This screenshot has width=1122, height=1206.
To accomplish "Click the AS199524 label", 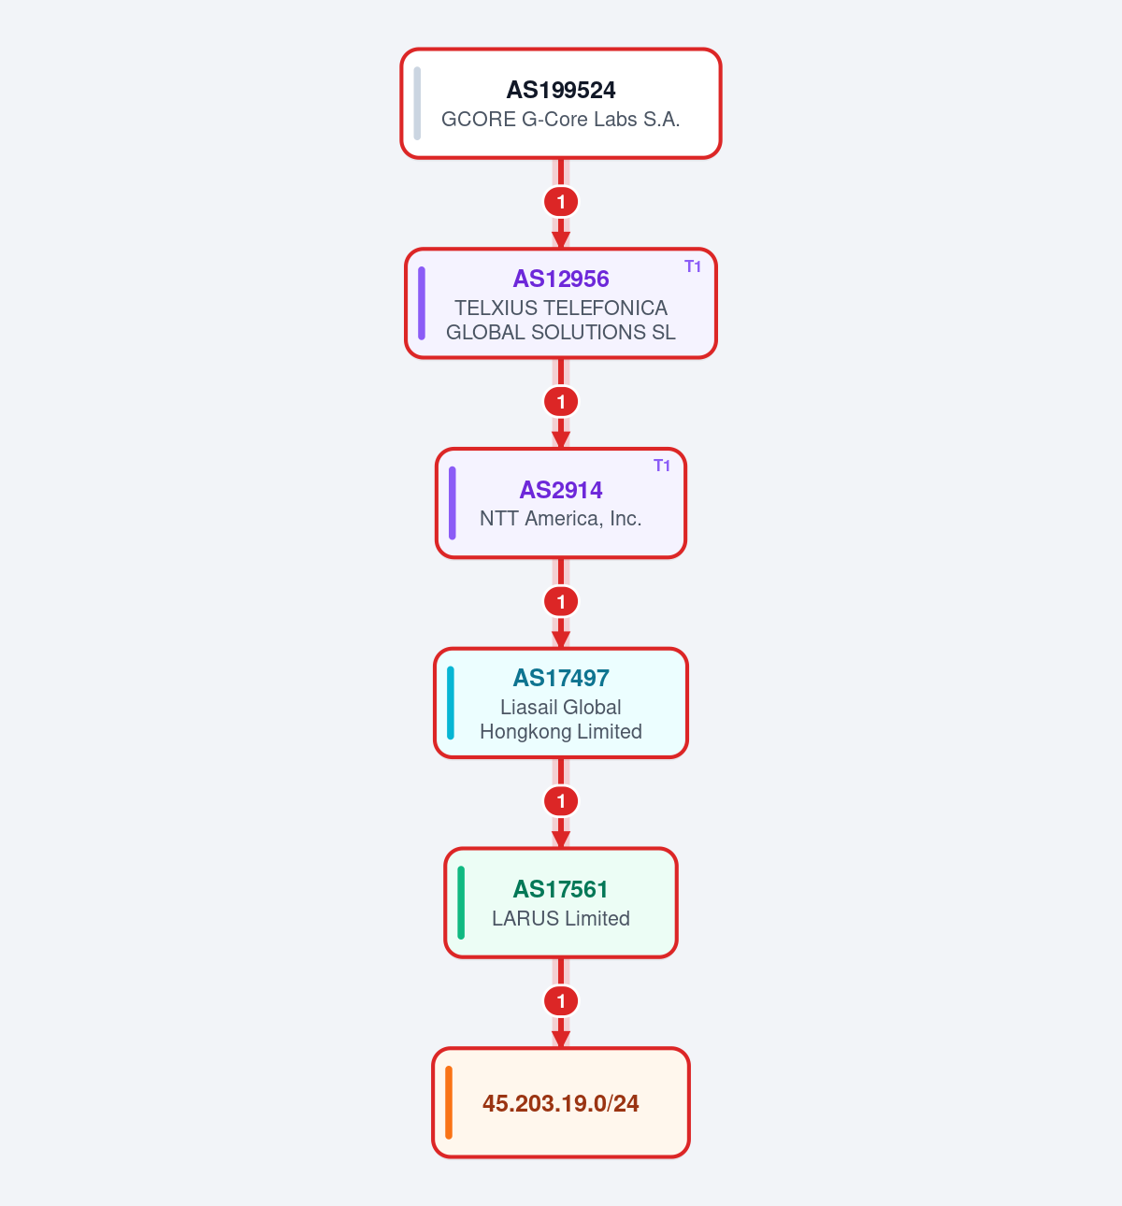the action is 561,90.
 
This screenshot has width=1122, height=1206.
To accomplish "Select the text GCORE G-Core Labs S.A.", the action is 561,119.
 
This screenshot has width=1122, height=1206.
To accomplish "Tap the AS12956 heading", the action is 561,279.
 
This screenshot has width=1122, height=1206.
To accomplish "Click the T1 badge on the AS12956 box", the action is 693,266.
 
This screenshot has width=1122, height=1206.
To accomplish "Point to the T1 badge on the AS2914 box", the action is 662,466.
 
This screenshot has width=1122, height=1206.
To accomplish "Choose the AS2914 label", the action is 561,490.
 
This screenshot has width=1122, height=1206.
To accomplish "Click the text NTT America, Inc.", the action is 561,519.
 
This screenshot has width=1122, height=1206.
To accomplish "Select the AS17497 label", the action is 561,678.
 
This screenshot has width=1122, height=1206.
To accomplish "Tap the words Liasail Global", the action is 561,707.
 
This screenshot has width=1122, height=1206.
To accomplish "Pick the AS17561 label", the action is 561,889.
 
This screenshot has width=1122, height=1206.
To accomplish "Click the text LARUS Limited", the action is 561,918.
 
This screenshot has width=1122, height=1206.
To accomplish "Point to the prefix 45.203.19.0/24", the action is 561,1103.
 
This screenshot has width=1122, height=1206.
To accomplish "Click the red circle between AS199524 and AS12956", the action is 561,202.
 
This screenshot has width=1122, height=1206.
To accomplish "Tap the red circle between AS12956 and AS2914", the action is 561,402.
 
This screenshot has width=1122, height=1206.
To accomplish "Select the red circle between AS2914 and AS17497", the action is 561,602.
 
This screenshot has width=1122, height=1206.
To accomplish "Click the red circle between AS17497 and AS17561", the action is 561,801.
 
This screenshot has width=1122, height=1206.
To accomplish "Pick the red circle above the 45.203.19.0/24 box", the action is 561,1001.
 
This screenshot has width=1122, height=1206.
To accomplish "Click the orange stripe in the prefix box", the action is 449,1103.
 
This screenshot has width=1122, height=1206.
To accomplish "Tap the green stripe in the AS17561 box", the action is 461,903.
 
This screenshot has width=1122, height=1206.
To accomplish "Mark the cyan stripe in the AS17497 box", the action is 451,703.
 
